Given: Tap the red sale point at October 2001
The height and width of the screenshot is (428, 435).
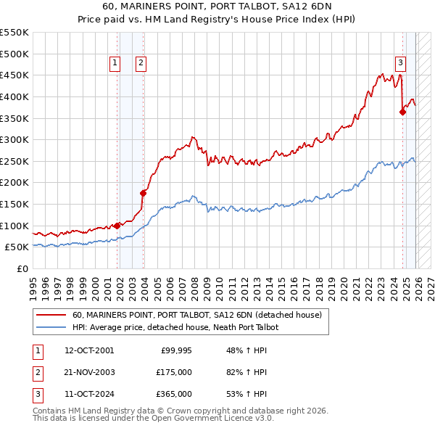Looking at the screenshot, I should pos(117,226).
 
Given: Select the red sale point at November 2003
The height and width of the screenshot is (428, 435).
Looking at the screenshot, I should pos(143,193).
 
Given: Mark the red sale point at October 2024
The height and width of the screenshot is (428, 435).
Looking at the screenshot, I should pos(402,112).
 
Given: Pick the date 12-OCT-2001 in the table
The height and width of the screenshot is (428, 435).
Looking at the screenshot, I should pos(89,350).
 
